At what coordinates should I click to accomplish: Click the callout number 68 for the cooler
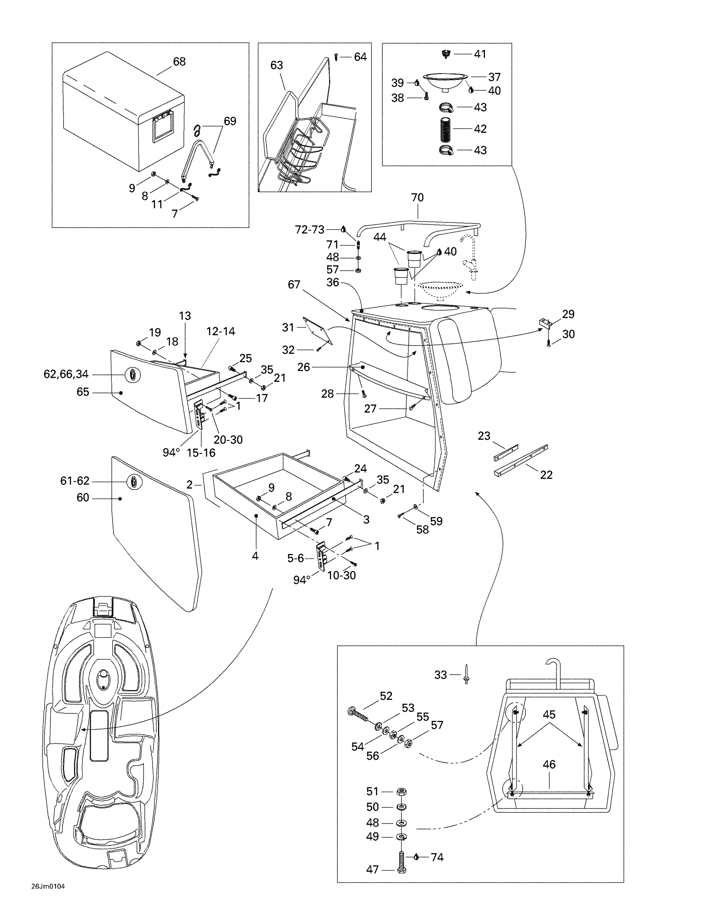(179, 62)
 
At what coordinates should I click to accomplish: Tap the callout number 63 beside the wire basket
(277, 65)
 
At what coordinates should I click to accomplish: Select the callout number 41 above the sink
(480, 54)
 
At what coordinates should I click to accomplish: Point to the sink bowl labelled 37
(445, 81)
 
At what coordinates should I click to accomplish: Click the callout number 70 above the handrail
(417, 197)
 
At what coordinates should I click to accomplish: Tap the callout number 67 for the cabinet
(294, 284)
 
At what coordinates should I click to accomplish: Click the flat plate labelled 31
(317, 331)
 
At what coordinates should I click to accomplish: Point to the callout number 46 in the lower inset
(549, 764)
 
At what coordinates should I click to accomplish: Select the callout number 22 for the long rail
(546, 475)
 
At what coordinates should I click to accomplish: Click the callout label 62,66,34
(66, 374)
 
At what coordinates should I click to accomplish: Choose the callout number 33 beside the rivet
(440, 675)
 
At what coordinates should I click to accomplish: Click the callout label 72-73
(309, 230)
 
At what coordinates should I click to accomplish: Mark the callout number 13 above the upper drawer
(185, 316)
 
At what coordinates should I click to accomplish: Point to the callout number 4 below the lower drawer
(255, 556)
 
